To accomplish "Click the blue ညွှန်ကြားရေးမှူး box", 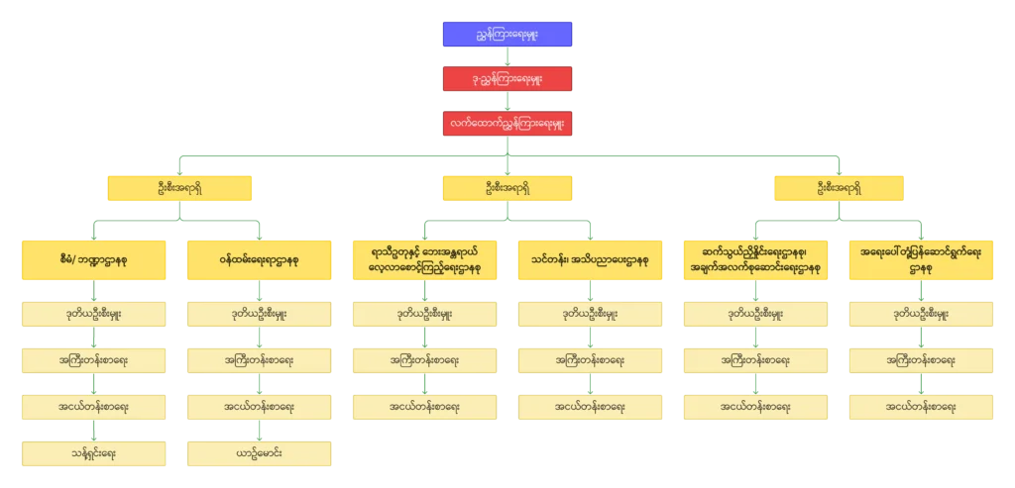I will [x=507, y=33].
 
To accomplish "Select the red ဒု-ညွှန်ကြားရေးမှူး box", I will [x=507, y=78].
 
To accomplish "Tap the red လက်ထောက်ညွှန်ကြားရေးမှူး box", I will [x=507, y=124].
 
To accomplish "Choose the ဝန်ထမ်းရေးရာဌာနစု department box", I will [x=259, y=259].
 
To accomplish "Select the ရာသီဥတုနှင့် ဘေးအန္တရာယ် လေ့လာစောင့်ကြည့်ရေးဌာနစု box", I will [x=424, y=259].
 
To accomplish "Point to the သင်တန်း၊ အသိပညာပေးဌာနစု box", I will [x=590, y=259].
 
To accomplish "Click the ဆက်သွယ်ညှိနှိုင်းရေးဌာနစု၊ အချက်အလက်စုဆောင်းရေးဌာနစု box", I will [x=756, y=259].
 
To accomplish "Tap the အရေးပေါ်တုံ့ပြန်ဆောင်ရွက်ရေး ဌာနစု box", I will [x=923, y=259].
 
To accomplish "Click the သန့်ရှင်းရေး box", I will [x=93, y=452].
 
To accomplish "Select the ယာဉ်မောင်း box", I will [x=259, y=452].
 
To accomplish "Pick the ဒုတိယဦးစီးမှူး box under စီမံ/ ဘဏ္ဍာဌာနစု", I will [x=93, y=315].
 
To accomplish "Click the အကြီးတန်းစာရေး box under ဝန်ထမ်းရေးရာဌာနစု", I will [x=259, y=360].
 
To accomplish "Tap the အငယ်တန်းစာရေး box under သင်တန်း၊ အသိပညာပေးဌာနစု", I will [x=590, y=406].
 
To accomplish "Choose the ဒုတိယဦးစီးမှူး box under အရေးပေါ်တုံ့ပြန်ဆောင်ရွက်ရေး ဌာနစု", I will [x=923, y=315].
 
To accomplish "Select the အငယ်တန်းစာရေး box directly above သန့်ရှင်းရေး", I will [x=93, y=406].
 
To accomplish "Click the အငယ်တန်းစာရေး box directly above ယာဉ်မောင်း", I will [x=259, y=406].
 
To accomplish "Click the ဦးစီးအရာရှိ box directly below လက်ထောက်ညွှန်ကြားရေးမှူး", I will [x=507, y=188].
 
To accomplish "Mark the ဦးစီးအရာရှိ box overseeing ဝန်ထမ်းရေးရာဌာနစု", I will [x=178, y=188].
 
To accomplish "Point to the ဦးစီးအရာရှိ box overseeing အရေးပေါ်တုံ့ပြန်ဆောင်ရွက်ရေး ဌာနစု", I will [x=839, y=188].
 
